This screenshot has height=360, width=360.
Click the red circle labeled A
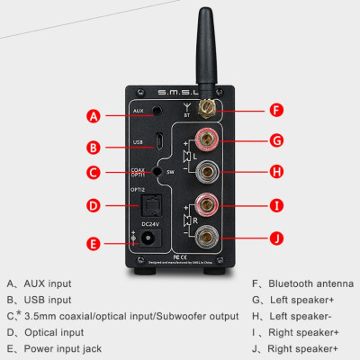click(93, 116)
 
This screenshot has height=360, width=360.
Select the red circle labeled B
click(93, 147)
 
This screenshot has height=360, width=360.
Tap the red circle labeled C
click(93, 173)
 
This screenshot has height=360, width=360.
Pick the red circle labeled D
click(93, 205)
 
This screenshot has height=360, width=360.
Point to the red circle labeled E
click(93, 243)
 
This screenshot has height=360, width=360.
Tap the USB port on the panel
click(160, 143)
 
